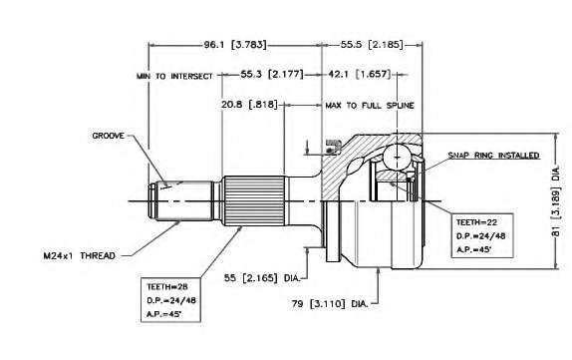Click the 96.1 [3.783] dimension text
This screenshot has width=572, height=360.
pos(235,45)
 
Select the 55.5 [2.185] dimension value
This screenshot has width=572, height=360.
pos(372,45)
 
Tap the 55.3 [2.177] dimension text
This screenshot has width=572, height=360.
pos(272,74)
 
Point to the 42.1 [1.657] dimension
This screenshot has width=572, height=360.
pos(360,74)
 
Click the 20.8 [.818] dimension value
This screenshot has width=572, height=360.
pos(249,105)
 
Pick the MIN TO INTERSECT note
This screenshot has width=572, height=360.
pos(174,77)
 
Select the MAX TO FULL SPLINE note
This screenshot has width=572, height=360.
pos(370,106)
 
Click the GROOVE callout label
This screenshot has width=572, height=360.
pos(108,136)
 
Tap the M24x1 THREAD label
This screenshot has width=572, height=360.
pos(79,255)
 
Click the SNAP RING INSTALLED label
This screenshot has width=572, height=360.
pos(493,156)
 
